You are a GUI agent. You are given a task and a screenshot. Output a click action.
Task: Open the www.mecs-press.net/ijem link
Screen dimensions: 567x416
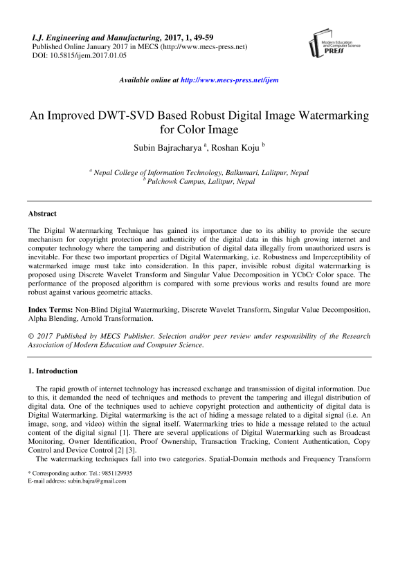point(229,80)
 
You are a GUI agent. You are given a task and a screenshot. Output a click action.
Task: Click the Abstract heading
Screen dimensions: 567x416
point(42,214)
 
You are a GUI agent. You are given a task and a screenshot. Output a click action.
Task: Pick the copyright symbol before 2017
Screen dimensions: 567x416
point(31,337)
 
